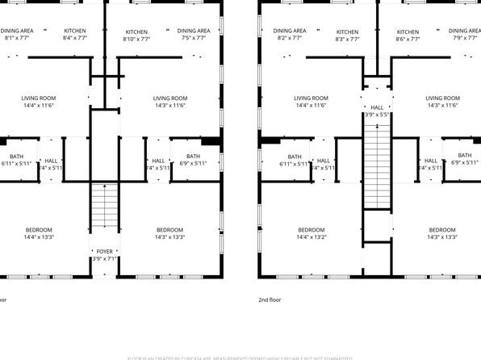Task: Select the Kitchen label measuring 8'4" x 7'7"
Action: coord(74,34)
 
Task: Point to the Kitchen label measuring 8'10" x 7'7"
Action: coord(136,34)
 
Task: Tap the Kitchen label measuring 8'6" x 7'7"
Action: coord(408,34)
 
